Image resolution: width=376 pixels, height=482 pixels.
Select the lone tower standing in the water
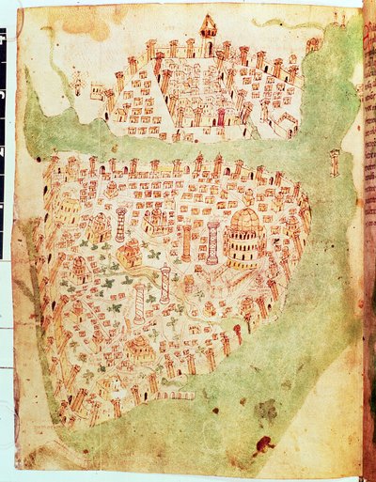pyautogui.click(x=334, y=161)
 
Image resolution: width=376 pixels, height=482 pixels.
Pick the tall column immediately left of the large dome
pyautogui.click(x=213, y=241)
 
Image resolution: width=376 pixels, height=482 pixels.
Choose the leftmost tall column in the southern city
pyautogui.click(x=120, y=225)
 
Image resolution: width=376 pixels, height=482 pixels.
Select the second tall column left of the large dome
pyautogui.click(x=186, y=242)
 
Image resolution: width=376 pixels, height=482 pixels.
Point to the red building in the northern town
pyautogui.click(x=223, y=118)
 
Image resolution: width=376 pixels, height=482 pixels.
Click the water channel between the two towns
pyautogui.click(x=188, y=147)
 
